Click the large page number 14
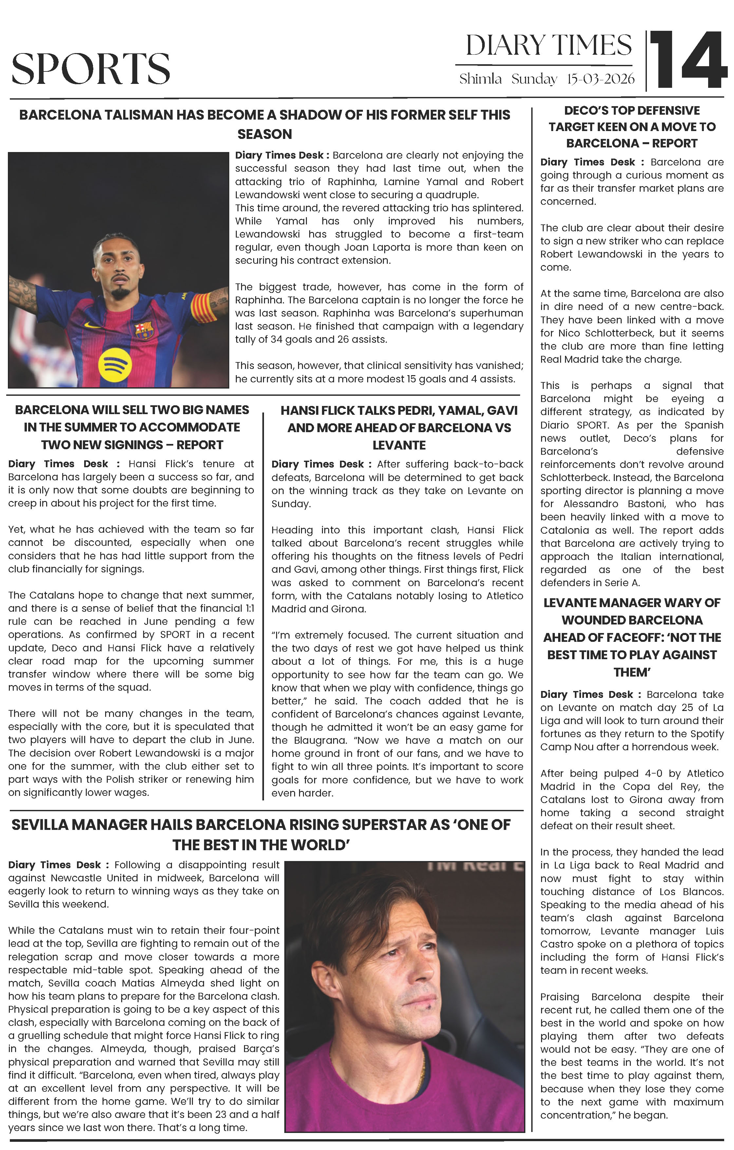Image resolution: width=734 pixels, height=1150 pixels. tap(688, 61)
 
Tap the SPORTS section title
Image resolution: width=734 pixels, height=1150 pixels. tap(91, 69)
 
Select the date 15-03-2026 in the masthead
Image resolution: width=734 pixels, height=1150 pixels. tap(601, 79)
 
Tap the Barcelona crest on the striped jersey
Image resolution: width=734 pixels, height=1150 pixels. tap(144, 330)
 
